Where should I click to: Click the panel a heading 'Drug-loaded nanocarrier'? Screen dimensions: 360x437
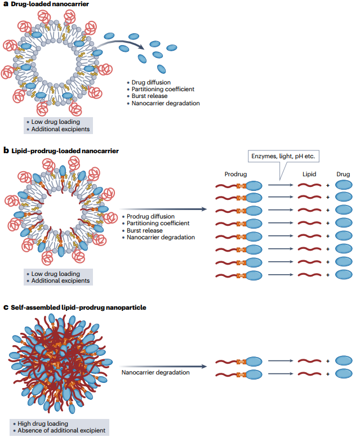50,4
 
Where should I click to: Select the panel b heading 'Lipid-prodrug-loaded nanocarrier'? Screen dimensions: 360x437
65,151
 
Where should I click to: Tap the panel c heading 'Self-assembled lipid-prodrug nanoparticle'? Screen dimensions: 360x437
78,307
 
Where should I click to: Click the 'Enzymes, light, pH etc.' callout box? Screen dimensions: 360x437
283,157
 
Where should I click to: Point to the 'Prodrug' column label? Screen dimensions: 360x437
235,174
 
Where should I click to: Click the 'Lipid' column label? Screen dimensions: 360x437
309,174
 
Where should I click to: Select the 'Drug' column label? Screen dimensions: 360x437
343,174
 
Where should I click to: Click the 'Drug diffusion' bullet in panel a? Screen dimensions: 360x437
151,82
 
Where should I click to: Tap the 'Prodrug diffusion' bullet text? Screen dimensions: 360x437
150,217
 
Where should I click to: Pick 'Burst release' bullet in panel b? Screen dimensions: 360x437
144,230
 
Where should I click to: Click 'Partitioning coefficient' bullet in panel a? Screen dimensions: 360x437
163,89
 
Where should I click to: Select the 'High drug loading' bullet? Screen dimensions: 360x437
43,423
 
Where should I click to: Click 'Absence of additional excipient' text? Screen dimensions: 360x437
61,431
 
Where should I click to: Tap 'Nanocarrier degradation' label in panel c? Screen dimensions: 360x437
155,372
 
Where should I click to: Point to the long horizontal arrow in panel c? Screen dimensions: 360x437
163,367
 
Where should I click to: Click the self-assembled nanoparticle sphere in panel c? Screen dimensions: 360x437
60,363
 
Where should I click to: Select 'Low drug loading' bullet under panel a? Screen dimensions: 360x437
55,122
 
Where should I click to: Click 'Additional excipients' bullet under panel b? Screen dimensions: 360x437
60,280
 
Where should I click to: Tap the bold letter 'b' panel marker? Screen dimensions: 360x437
6,151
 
